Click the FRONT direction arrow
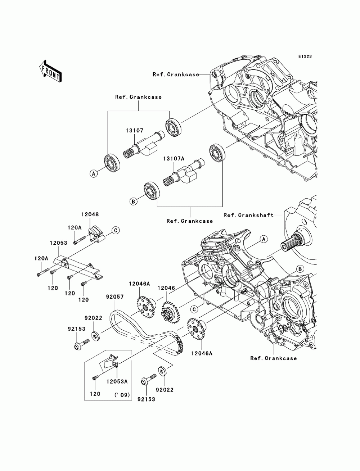pos(50,72)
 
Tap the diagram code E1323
pos(305,56)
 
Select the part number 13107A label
pos(174,159)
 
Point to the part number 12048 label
pos(90,214)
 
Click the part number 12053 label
pos(58,243)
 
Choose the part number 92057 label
pos(115,297)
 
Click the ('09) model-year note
pos(122,395)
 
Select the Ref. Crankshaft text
pos(249,215)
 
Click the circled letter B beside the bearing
pos(133,201)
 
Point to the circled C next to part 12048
pos(116,230)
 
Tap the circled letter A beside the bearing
pos(93,173)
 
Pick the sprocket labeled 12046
pos(170,312)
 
